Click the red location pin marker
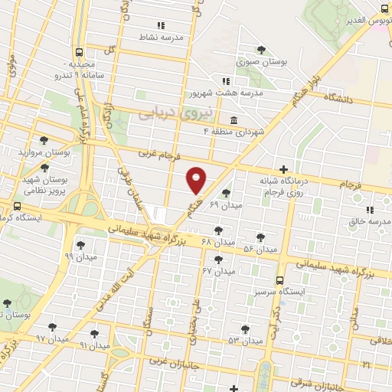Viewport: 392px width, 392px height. click(x=197, y=179)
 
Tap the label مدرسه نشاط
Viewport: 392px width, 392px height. click(x=158, y=36)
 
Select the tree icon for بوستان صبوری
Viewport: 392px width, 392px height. click(x=263, y=51)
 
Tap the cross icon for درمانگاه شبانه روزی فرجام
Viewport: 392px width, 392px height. click(x=284, y=169)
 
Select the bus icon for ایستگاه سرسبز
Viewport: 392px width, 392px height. click(x=280, y=280)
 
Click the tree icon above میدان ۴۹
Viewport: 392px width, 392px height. click(x=225, y=194)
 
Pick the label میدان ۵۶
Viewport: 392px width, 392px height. click(x=260, y=250)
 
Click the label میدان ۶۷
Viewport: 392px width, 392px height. click(x=217, y=271)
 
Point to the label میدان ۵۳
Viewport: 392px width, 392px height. click(x=244, y=339)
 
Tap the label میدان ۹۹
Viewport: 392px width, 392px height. click(x=80, y=257)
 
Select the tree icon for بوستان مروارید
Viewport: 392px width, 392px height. click(x=44, y=140)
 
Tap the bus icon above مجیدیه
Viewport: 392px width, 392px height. click(x=79, y=53)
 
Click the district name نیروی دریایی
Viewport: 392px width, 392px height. click(x=168, y=113)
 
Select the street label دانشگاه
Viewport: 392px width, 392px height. click(x=341, y=99)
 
